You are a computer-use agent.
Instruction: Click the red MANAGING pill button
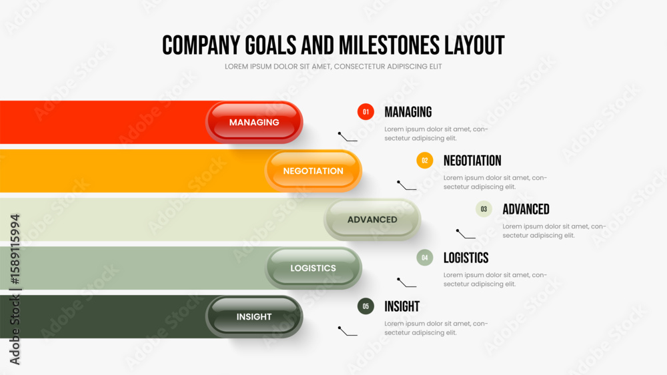coord(254,123)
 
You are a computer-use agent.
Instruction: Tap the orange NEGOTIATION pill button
coord(313,171)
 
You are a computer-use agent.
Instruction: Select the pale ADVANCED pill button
coord(372,220)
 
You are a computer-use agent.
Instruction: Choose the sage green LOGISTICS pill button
coord(313,268)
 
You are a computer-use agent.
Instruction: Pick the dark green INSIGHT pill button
coord(254,317)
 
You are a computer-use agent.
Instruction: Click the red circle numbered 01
coord(366,112)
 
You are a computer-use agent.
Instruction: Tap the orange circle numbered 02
coord(424,161)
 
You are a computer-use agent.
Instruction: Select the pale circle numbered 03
coord(484,209)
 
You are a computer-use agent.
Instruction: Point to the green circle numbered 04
coord(424,257)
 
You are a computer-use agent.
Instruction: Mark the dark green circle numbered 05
coord(366,306)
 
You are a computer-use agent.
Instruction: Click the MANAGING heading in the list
coord(408,112)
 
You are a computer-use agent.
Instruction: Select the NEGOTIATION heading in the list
coord(472,161)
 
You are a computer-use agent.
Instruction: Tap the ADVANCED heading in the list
coord(526,209)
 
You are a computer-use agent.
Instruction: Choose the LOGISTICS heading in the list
coord(466,258)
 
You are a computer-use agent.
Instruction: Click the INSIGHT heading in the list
coord(402,306)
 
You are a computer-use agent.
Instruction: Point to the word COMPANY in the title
coord(201,45)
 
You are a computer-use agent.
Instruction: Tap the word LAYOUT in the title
coord(474,45)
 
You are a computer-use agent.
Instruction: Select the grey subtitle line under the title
coord(333,67)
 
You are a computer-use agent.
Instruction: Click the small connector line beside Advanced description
coord(466,234)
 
